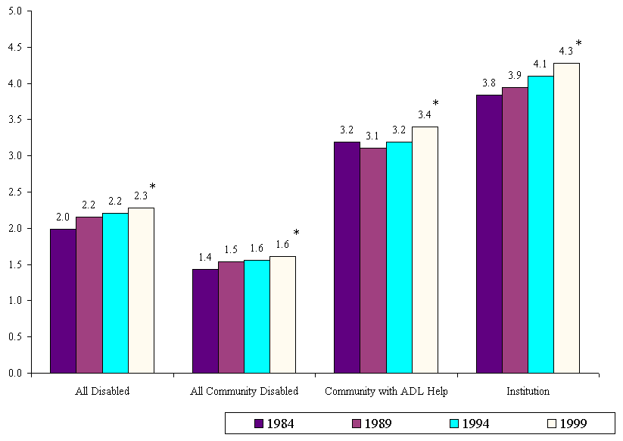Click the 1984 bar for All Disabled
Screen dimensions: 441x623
point(63,301)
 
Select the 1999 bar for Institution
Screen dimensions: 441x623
point(566,218)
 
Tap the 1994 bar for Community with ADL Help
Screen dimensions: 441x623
point(399,258)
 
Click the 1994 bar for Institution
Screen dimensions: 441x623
point(540,224)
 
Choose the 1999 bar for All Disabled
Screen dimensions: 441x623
point(141,290)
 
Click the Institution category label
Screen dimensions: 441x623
point(528,392)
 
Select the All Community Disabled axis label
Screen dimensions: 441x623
point(244,392)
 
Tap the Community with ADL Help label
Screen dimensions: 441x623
point(386,392)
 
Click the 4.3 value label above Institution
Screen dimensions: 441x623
point(565,52)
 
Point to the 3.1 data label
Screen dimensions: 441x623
point(372,136)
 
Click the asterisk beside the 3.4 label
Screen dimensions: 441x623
point(435,104)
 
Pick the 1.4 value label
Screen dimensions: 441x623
point(204,258)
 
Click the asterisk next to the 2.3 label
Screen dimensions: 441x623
point(152,187)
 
